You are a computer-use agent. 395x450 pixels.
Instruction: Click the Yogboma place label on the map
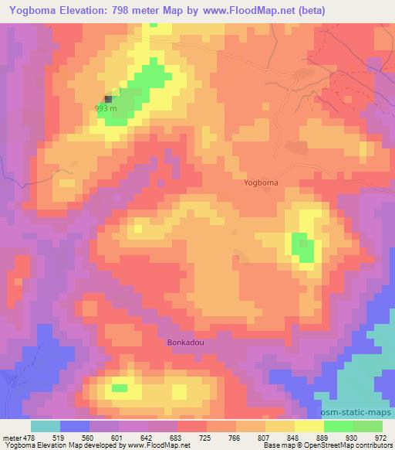(x=260, y=182)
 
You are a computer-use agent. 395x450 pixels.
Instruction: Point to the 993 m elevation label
(x=105, y=109)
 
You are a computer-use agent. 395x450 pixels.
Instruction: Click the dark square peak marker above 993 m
(x=108, y=98)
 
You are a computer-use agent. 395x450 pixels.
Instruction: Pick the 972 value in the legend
(x=380, y=437)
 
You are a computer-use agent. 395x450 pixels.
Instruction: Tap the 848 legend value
(x=295, y=437)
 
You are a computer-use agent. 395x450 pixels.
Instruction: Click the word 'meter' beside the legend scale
(x=9, y=437)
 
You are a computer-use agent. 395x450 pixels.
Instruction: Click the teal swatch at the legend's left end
(x=46, y=426)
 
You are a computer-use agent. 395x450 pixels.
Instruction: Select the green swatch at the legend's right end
(x=368, y=426)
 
